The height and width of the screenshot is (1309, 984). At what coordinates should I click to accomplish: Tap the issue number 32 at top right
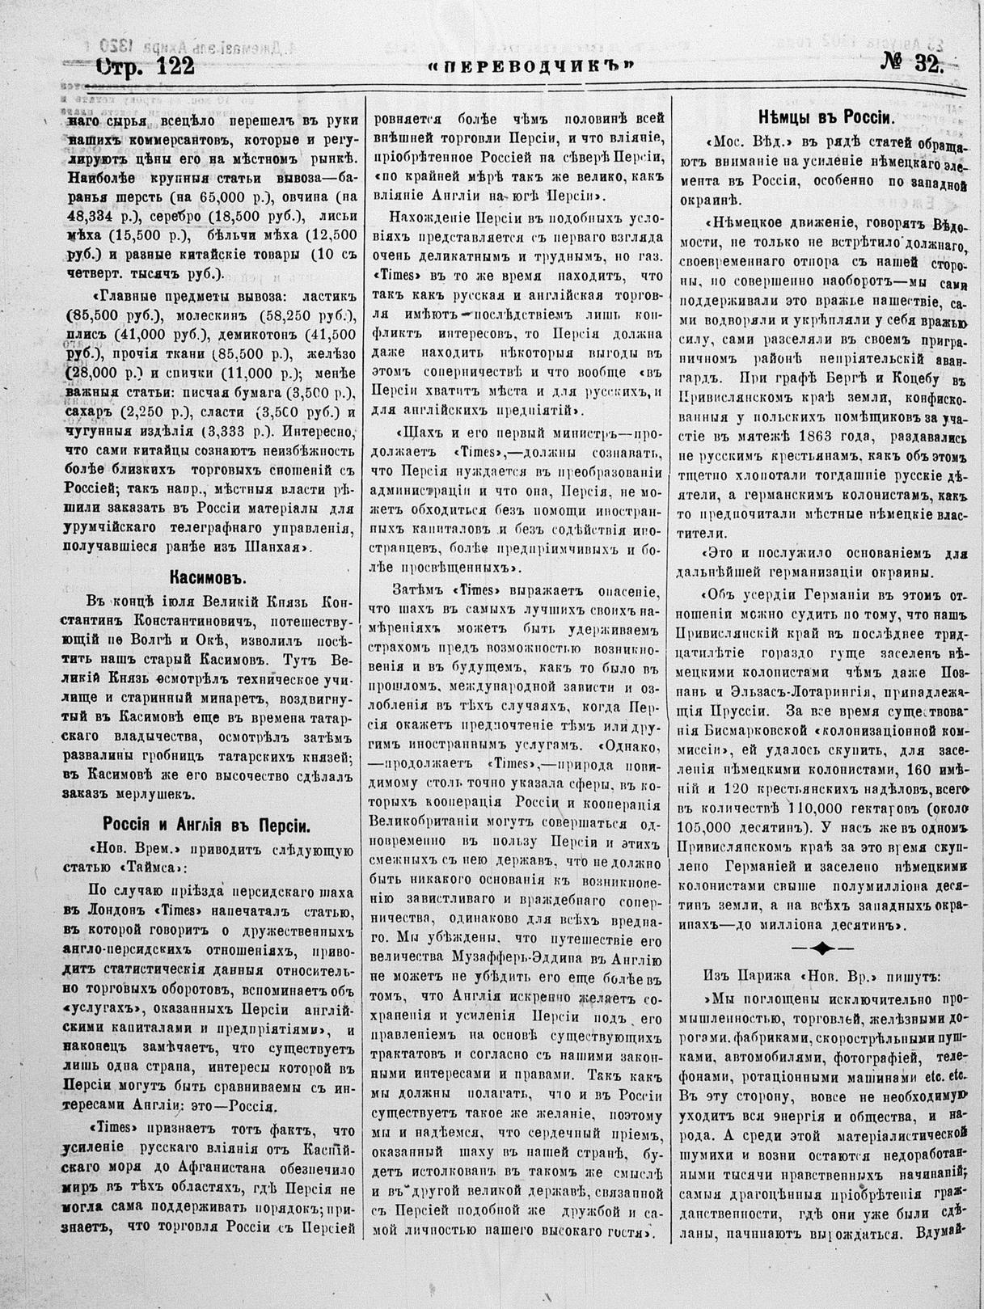927,65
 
